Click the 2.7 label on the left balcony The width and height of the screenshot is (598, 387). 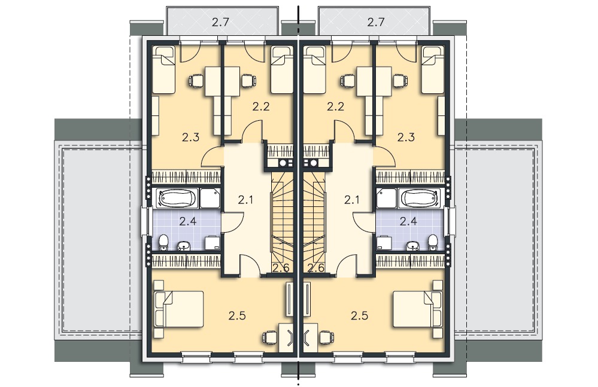tap(220, 22)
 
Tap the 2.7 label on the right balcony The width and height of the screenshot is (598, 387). tap(376, 22)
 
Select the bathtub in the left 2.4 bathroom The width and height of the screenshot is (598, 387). tap(177, 198)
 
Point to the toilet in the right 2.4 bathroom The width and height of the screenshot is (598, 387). tap(432, 242)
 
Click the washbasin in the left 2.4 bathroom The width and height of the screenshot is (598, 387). tap(184, 246)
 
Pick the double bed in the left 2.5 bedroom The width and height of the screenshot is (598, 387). tap(178, 309)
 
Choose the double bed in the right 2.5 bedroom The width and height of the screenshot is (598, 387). tap(418, 309)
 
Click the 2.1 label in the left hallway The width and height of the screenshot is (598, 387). tap(245, 199)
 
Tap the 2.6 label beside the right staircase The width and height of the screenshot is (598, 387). tap(316, 268)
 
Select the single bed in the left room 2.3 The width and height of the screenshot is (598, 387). tap(163, 70)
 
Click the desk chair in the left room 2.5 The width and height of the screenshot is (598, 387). tap(270, 337)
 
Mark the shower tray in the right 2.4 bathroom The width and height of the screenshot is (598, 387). tap(386, 199)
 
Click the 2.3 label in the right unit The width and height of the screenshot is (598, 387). tap(406, 137)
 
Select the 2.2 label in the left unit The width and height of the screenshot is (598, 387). tap(261, 106)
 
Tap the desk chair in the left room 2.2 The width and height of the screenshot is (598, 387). tap(248, 81)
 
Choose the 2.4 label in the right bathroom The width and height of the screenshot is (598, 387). tap(408, 221)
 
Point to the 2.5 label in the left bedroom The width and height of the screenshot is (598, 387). tap(237, 315)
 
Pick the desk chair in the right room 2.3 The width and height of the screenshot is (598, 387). tap(400, 81)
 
